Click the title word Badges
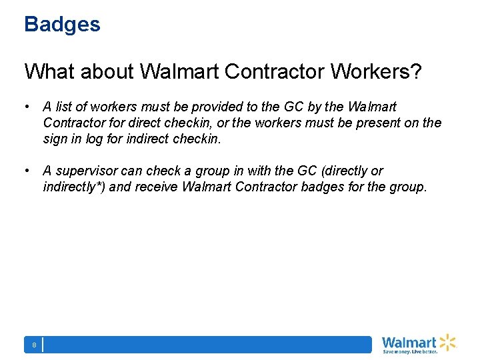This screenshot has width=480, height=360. coord(62,25)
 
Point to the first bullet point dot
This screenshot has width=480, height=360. coord(27,107)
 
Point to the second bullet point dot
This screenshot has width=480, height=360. coord(27,171)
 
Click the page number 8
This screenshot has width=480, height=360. coord(33,345)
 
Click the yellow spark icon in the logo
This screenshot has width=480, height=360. coord(447,342)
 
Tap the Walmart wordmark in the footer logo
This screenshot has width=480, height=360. coord(409,342)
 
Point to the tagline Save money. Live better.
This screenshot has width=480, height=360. coord(409,351)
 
